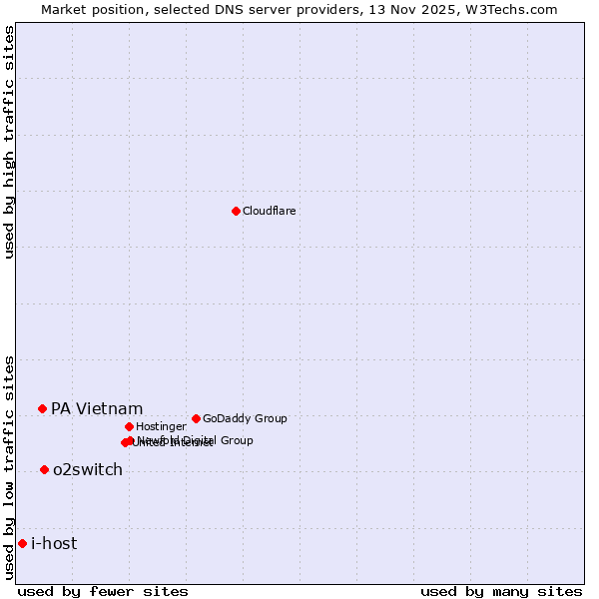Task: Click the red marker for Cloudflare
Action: pos(236,211)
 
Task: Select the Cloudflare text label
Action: pos(269,212)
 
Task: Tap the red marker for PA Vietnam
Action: pos(42,408)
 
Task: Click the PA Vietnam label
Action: pos(97,409)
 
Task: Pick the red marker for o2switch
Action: pos(44,469)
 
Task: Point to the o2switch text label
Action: pos(88,470)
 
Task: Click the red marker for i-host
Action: pos(22,543)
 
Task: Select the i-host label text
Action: pos(54,544)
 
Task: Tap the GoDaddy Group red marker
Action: pos(196,418)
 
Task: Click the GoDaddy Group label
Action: pos(245,419)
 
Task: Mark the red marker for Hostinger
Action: pos(129,426)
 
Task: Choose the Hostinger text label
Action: pos(161,427)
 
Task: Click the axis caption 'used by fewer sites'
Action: pos(103,591)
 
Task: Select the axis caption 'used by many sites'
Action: pos(501,591)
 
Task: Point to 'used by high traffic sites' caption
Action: pos(9,142)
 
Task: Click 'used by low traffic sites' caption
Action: pos(9,467)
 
